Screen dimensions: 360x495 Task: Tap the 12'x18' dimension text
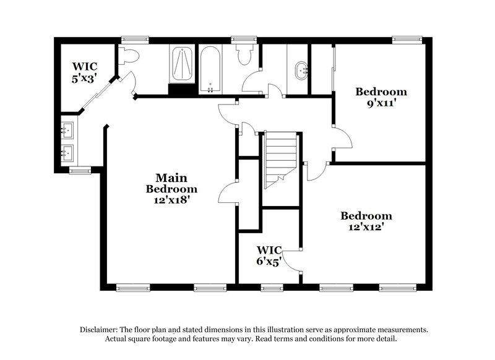171,200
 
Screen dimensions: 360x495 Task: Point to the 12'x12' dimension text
366,227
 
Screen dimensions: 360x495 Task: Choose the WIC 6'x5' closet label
270,255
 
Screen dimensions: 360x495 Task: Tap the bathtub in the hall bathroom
211,69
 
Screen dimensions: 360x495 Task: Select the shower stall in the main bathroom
181,64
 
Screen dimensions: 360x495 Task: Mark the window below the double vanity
79,171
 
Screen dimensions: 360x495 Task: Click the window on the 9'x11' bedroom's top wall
405,40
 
